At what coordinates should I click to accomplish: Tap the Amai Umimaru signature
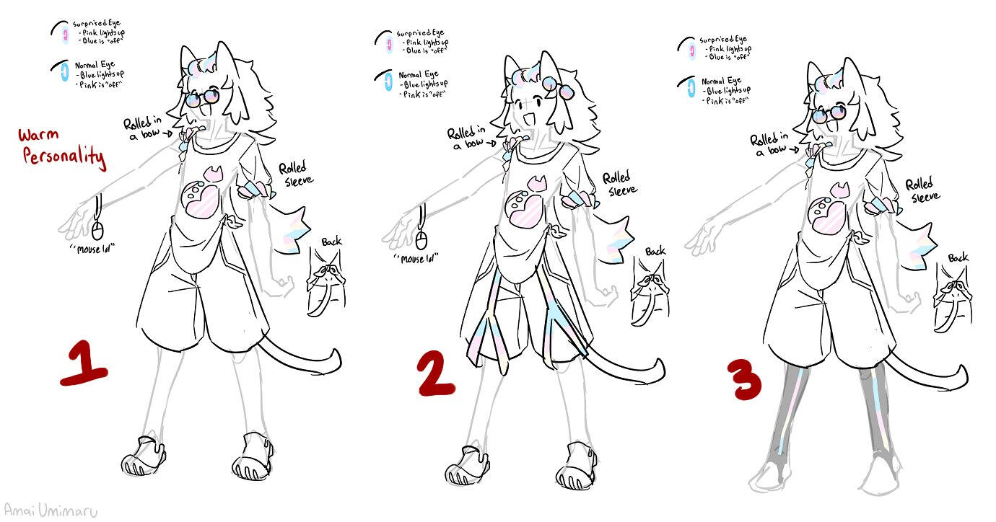pyautogui.click(x=49, y=510)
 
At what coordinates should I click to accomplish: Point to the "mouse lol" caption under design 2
pyautogui.click(x=417, y=258)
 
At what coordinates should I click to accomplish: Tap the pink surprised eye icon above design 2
pyautogui.click(x=388, y=42)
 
